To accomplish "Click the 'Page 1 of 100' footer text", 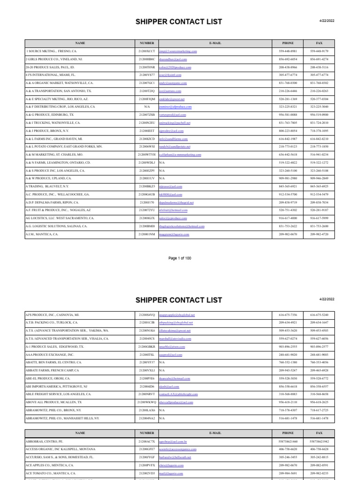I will click(180, 258).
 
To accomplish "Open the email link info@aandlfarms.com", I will click(173, 138).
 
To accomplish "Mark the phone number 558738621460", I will click(287, 442).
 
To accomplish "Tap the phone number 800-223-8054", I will click(287, 130).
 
